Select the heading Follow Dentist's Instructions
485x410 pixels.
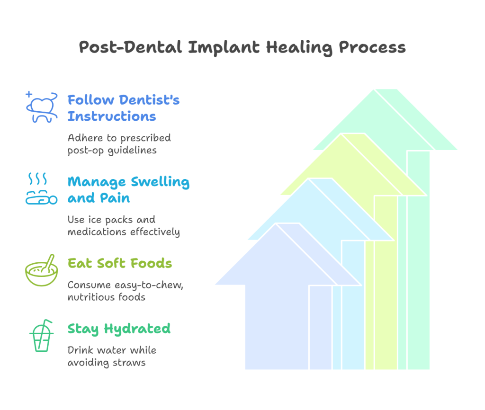(123, 108)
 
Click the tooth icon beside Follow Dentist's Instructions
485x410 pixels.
(41, 107)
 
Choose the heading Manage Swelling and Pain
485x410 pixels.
(128, 189)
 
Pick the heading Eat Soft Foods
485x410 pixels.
(119, 263)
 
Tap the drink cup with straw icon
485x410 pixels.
(41, 336)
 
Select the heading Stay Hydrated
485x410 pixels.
(119, 329)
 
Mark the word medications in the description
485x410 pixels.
(98, 232)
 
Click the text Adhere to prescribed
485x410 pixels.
(119, 138)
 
